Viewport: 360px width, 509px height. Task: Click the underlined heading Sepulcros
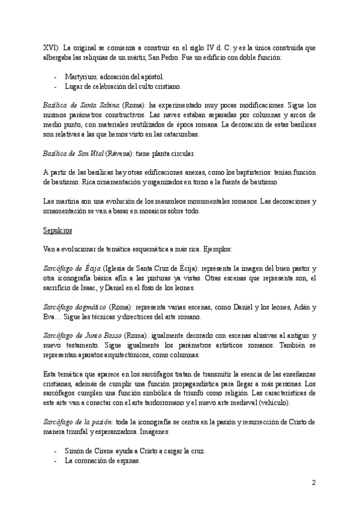pos(59,212)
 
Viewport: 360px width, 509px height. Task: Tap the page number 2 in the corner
pos(313,482)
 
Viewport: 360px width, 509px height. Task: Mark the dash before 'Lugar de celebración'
pos(56,86)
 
